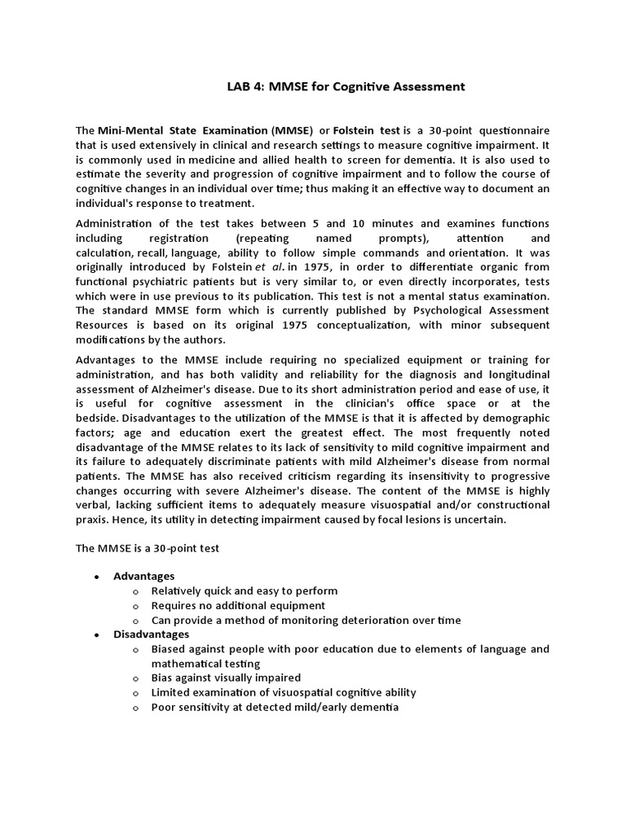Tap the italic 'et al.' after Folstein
287,266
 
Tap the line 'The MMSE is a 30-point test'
148,549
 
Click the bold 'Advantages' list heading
143,576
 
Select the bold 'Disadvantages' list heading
151,634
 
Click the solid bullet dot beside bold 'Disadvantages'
96,634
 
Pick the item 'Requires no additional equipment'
238,605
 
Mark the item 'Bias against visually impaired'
226,678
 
